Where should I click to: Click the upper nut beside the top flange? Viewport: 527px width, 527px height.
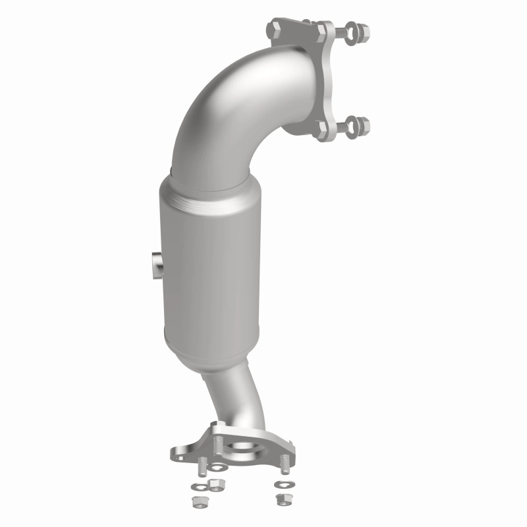point(362,30)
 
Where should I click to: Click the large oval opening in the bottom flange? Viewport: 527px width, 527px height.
point(245,450)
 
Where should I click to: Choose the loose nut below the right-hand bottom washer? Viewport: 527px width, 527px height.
point(280,498)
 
